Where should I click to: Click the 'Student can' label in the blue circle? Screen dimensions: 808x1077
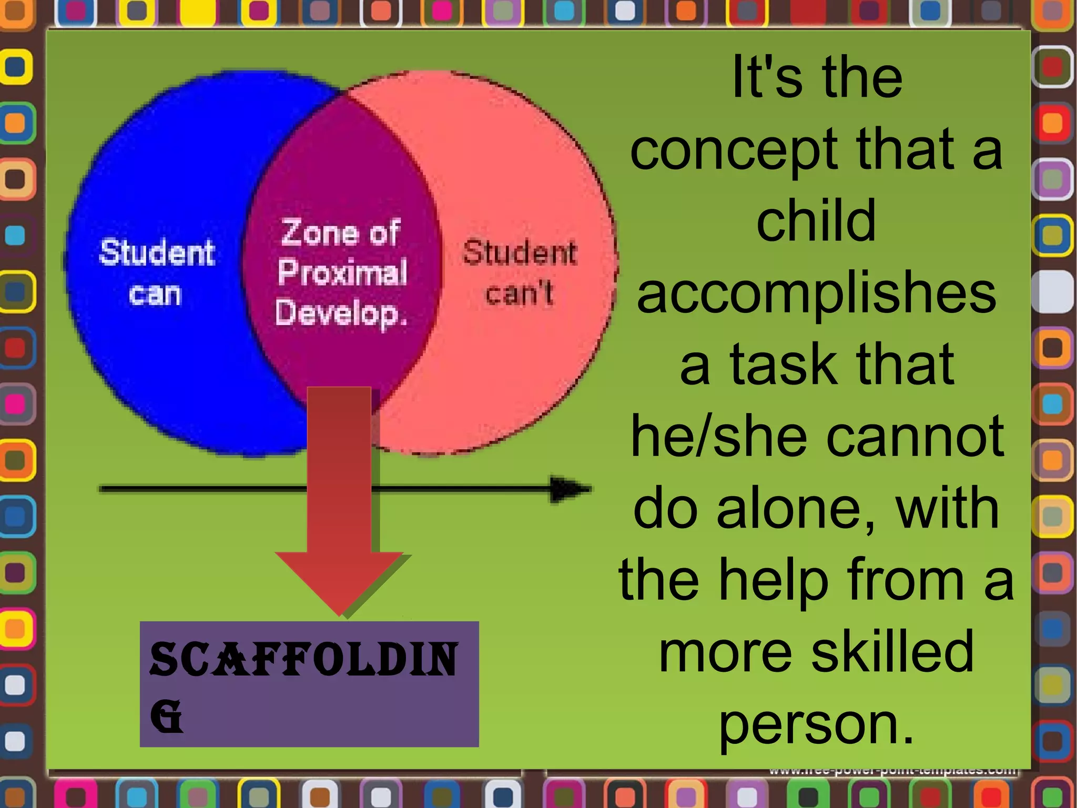pyautogui.click(x=157, y=272)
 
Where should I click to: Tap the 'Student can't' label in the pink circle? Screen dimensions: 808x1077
pyautogui.click(x=520, y=272)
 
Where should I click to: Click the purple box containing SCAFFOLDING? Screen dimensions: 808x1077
pyautogui.click(x=309, y=684)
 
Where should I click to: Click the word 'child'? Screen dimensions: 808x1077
pyautogui.click(x=816, y=221)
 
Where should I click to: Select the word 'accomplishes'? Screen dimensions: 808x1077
pyautogui.click(x=816, y=295)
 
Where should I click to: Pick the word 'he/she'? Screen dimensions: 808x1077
pyautogui.click(x=718, y=437)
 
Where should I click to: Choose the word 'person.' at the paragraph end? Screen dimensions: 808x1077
pyautogui.click(x=816, y=726)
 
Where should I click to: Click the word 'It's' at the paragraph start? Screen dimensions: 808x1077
pyautogui.click(x=767, y=78)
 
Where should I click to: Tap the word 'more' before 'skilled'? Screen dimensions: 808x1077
pyautogui.click(x=725, y=652)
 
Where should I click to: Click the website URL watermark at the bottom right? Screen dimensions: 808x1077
pyautogui.click(x=892, y=771)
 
